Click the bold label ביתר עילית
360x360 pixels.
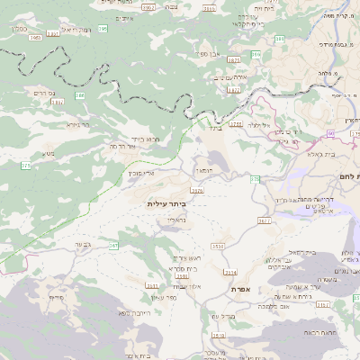pyautogui.click(x=171, y=204)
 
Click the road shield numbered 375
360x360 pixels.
pyautogui.click(x=26, y=166)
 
